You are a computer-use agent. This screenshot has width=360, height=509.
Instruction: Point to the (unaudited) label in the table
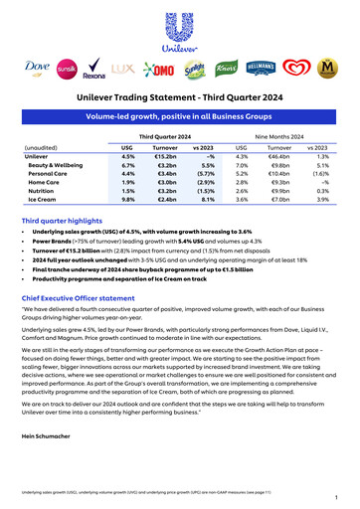(40, 146)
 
